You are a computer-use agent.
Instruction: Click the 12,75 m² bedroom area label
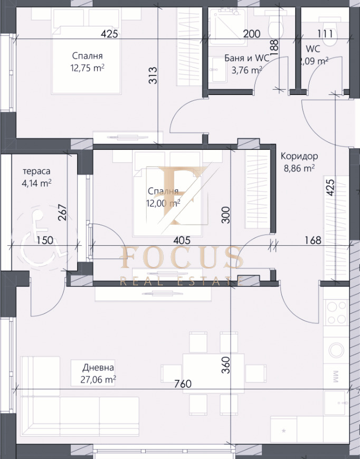pos(87,68)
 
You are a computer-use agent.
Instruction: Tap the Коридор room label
pos(299,156)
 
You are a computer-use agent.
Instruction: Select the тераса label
pos(36,171)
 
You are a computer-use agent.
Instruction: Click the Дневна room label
pos(98,367)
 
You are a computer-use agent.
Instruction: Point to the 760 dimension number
pos(183,384)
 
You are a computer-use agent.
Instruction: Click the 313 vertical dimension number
pos(153,75)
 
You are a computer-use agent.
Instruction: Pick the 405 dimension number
pos(182,241)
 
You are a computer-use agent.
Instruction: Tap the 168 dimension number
pos(313,241)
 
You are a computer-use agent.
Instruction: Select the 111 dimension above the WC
pos(325,34)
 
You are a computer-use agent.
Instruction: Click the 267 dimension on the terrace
pos(62,212)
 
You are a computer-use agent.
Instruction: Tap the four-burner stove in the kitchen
pos(336,312)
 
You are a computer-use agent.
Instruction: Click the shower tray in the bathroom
pos(228,26)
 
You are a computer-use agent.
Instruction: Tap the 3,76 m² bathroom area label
pos(247,70)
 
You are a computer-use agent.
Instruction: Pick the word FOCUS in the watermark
pos(182,257)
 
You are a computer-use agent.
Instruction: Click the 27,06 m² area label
pos(98,380)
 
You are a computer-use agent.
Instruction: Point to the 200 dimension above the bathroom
pos(252,34)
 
